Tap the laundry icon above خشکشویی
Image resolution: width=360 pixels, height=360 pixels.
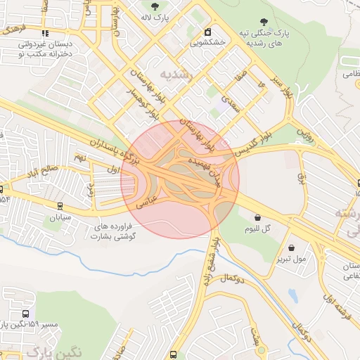(x=208, y=32)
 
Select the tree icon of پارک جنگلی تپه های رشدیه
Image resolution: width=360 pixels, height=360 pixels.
(x=264, y=22)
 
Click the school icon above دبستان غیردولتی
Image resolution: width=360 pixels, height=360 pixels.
(x=45, y=33)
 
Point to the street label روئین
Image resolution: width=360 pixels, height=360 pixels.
(x=304, y=131)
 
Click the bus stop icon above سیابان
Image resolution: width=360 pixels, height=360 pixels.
(x=60, y=207)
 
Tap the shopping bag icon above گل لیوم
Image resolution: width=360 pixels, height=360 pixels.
(x=259, y=218)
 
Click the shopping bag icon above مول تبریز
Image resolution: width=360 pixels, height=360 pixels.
(x=292, y=247)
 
